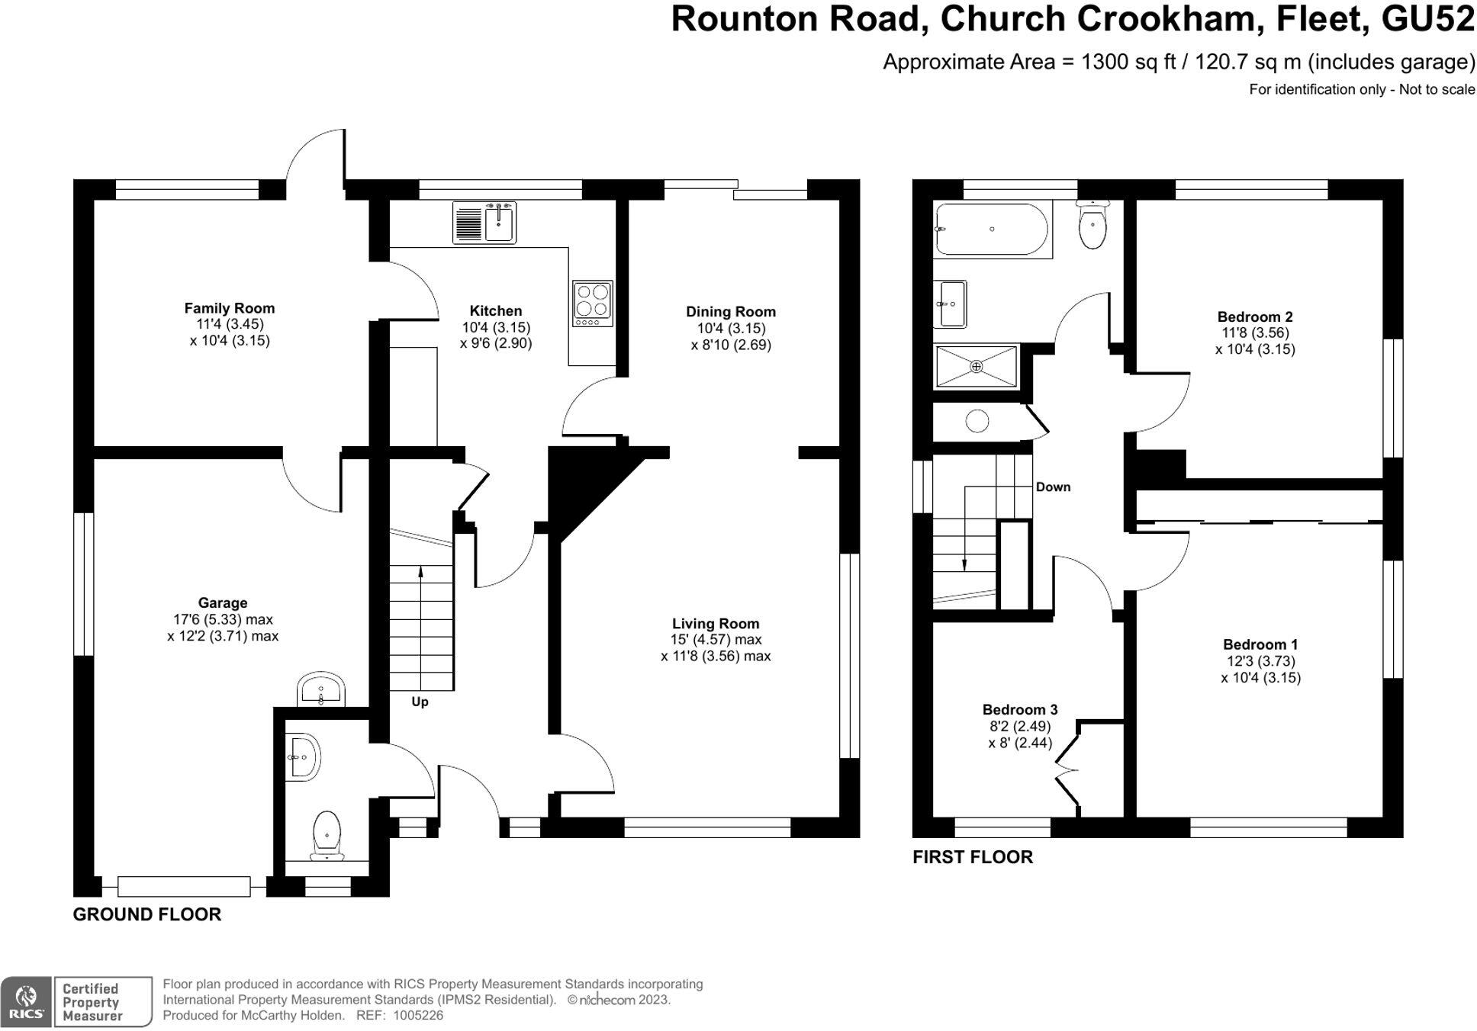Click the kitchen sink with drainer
[484, 223]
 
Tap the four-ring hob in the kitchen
[593, 304]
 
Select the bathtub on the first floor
[992, 230]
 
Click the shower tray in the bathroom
[977, 367]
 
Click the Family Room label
[230, 308]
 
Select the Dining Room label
[731, 311]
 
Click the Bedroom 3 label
[1020, 710]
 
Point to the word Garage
[223, 603]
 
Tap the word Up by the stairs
[420, 702]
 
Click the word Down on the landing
[1053, 487]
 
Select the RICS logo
[26, 1001]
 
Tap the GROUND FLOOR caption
[147, 914]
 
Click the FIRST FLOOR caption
[973, 857]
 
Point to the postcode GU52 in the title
[1428, 19]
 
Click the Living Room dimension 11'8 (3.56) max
[716, 657]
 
